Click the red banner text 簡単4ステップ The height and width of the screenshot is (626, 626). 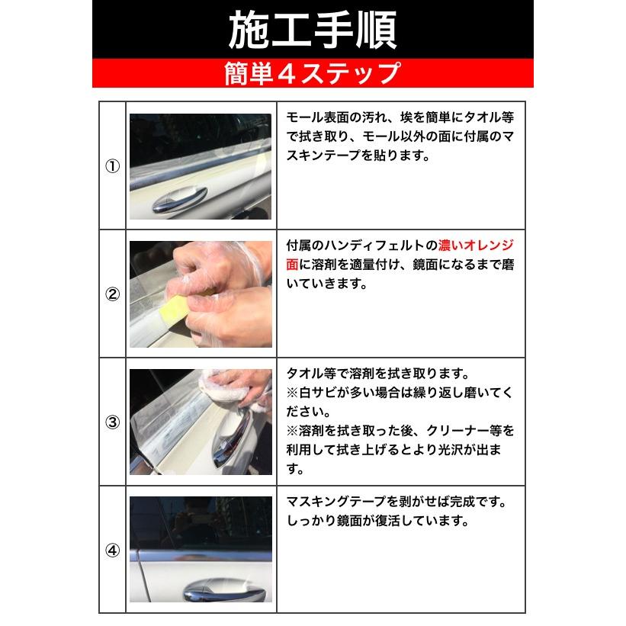click(313, 73)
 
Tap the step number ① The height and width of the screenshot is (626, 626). click(112, 167)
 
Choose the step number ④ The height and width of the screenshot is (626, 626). click(112, 550)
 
